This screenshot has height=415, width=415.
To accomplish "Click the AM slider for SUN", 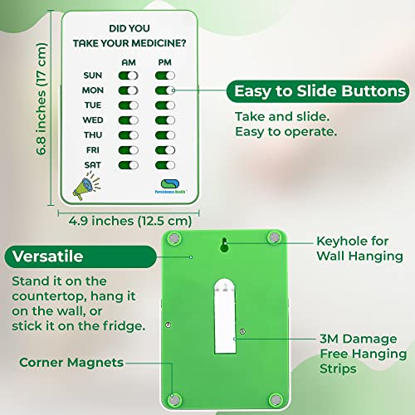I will (x=129, y=75).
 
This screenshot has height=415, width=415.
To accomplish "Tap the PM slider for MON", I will (x=165, y=90).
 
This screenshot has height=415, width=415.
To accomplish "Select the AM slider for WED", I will (x=129, y=120).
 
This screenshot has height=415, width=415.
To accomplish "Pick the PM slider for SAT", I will (x=165, y=165).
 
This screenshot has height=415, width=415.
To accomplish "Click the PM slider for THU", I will (x=165, y=135).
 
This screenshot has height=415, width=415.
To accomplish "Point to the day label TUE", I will (x=93, y=105).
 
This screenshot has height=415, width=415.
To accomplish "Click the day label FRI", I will (x=93, y=150).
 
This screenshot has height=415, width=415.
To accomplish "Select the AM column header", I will (x=129, y=61).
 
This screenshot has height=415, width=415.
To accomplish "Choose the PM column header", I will (x=165, y=61).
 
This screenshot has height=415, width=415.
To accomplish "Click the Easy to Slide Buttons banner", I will (x=320, y=90).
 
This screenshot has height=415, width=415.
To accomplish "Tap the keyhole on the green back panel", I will (x=224, y=245).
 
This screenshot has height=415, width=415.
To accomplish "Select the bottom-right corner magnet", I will (x=274, y=398).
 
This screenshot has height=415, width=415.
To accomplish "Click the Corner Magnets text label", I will (x=72, y=362).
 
